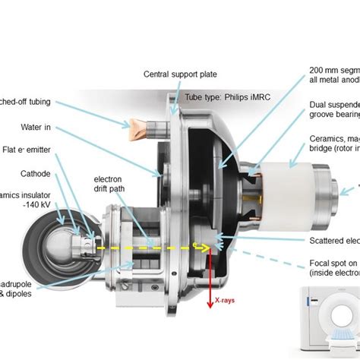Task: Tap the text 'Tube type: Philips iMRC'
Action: (x=228, y=97)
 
